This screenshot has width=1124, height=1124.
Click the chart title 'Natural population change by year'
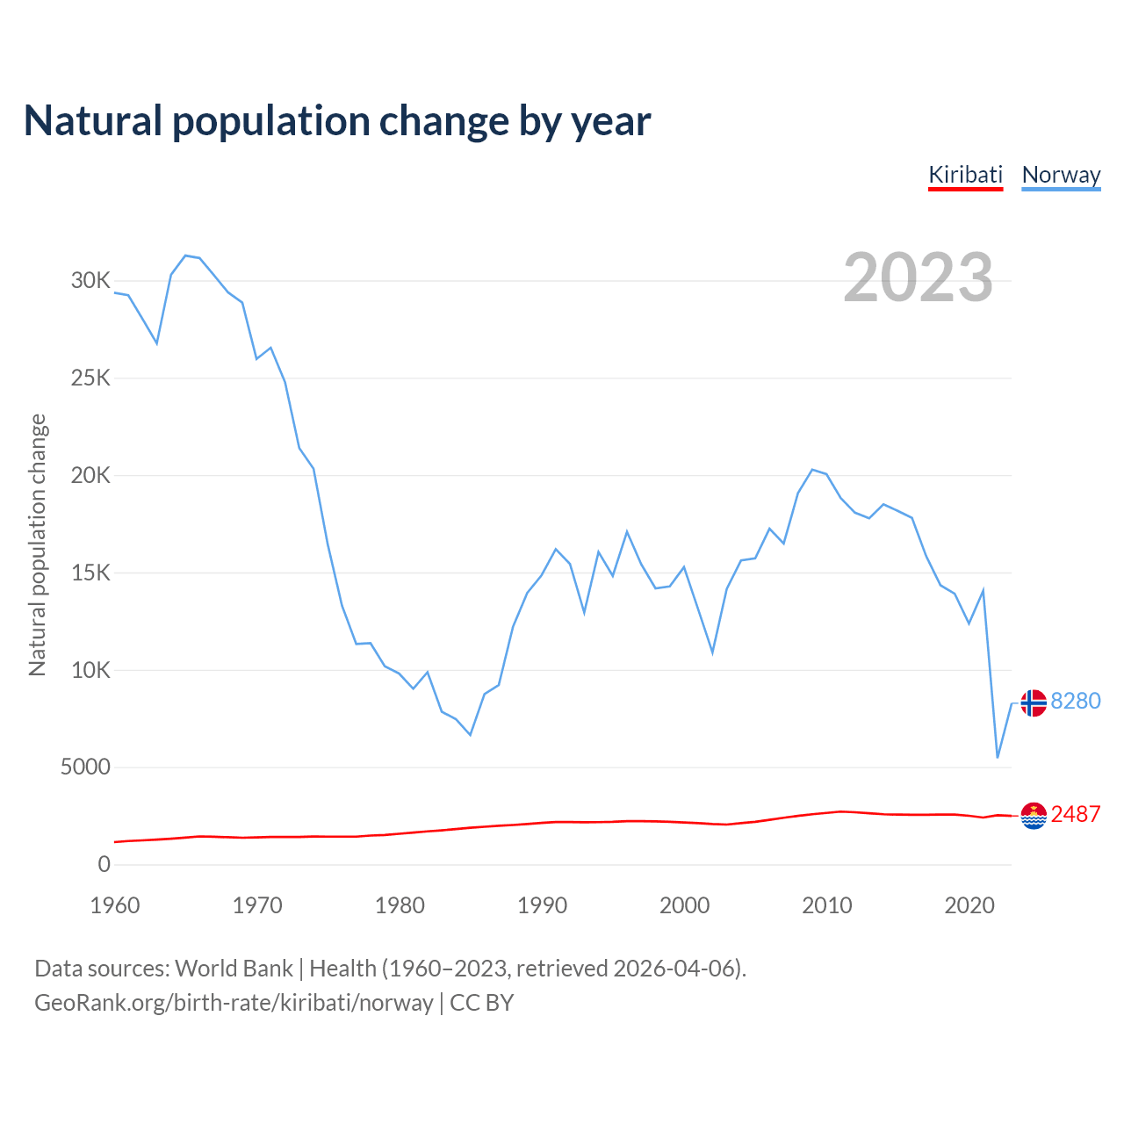point(337,121)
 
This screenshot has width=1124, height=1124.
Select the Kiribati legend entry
point(965,175)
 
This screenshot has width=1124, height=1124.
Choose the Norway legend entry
point(1061,175)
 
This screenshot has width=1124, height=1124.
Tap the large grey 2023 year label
point(918,277)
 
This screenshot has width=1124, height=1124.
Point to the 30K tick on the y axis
point(91,281)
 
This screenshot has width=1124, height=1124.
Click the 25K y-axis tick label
point(91,378)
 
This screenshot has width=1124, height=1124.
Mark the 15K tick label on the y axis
point(91,573)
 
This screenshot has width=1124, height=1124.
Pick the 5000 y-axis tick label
point(85,767)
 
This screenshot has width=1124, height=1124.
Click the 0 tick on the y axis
point(104,865)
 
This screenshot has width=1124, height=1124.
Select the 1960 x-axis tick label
point(115,905)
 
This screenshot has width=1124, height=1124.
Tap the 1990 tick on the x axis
point(542,905)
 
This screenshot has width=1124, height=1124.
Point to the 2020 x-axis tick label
point(969,905)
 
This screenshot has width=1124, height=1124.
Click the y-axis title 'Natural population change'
point(38,545)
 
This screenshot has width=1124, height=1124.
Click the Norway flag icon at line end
point(1034,702)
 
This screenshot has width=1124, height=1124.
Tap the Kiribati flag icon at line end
point(1034,816)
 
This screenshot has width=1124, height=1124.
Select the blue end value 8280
point(1076,702)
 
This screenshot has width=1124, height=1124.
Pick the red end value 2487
point(1076,815)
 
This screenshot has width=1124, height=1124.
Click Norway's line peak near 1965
point(185,256)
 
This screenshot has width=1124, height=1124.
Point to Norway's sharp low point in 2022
point(998,757)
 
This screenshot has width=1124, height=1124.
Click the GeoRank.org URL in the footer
point(234,1003)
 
